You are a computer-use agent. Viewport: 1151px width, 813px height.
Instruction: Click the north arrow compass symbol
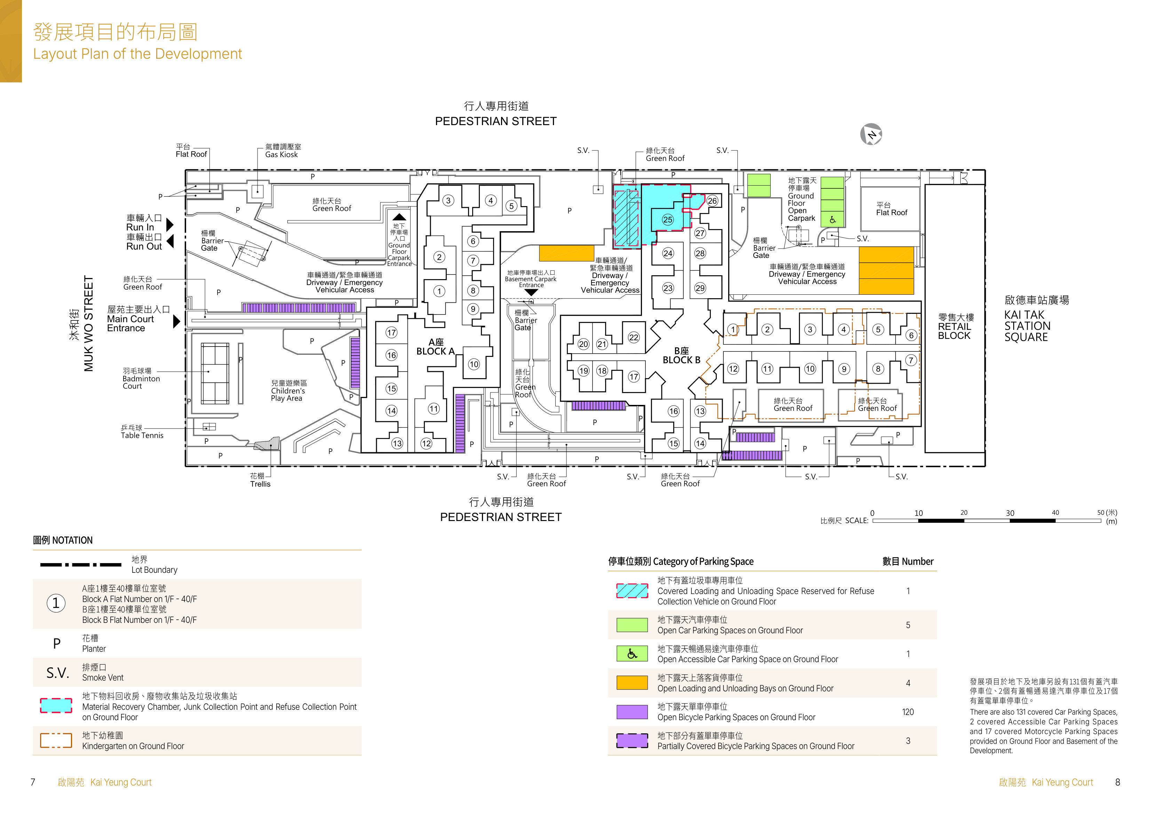(x=871, y=134)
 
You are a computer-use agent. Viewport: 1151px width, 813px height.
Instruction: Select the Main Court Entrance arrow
(x=176, y=321)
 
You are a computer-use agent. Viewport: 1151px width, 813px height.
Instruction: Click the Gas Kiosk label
(x=281, y=155)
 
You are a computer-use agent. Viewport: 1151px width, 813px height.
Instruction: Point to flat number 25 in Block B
(x=667, y=219)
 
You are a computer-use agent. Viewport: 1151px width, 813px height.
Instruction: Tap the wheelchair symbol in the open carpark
(x=832, y=219)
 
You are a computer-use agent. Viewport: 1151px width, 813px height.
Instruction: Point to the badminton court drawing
(x=215, y=373)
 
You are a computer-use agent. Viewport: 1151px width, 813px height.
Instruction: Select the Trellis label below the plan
(x=260, y=484)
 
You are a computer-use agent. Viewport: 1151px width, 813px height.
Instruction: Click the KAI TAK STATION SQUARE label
(x=1027, y=326)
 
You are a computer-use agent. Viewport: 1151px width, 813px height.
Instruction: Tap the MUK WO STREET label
(x=89, y=324)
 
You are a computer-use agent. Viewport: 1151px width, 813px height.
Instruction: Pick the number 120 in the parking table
(x=908, y=712)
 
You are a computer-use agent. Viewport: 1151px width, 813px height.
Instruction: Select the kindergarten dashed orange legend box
(x=56, y=740)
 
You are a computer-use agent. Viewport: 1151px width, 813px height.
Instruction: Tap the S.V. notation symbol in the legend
(x=58, y=673)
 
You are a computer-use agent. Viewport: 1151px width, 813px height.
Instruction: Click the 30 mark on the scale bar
(x=1010, y=513)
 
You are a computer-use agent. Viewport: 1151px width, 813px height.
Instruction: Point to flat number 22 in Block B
(x=634, y=337)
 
